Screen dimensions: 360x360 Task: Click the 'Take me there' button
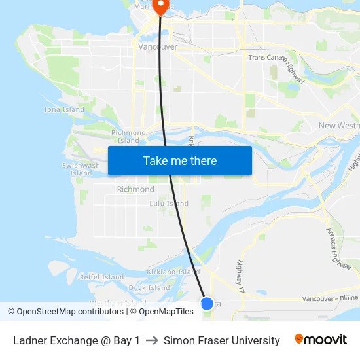click(x=180, y=161)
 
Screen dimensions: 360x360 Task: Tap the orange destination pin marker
click(x=160, y=7)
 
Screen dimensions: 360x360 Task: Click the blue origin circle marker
click(x=207, y=303)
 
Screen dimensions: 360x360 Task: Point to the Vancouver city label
click(x=158, y=47)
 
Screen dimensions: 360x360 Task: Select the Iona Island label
click(x=64, y=110)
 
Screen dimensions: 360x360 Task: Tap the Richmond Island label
click(x=128, y=136)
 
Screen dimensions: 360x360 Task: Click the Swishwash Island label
click(x=81, y=170)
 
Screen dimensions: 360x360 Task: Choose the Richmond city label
click(x=135, y=189)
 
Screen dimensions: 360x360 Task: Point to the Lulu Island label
click(x=169, y=204)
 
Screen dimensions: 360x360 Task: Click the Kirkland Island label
click(x=173, y=272)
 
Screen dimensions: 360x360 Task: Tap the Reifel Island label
click(x=101, y=278)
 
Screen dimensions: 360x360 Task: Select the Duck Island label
click(x=149, y=288)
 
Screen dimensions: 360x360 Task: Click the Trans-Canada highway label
click(x=265, y=58)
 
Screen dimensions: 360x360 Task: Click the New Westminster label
click(x=338, y=126)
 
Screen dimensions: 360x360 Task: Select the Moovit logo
click(x=321, y=340)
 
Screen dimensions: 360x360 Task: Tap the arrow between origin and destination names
click(x=152, y=340)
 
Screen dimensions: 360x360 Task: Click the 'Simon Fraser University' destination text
click(x=222, y=340)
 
